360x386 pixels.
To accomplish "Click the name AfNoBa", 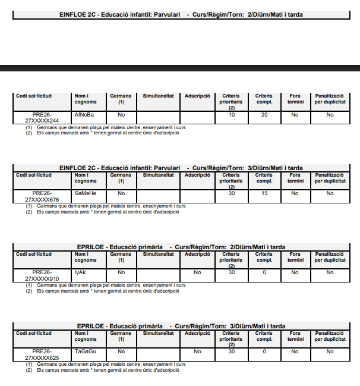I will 84,114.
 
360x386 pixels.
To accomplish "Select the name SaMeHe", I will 85,193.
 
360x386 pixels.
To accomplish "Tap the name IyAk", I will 80,272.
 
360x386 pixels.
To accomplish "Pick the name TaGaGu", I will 86,352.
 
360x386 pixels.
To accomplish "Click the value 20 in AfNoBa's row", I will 264,114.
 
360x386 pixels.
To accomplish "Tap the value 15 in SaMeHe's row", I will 264,193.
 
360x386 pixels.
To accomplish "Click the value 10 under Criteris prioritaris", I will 232,114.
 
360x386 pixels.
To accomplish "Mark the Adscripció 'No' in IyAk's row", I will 197,272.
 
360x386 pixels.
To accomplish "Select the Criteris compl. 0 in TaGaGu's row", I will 264,352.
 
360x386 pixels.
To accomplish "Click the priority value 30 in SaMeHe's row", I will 232,193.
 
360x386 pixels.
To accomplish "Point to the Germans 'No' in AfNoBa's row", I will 121,114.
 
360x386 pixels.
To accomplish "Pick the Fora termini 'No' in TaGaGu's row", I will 295,352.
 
